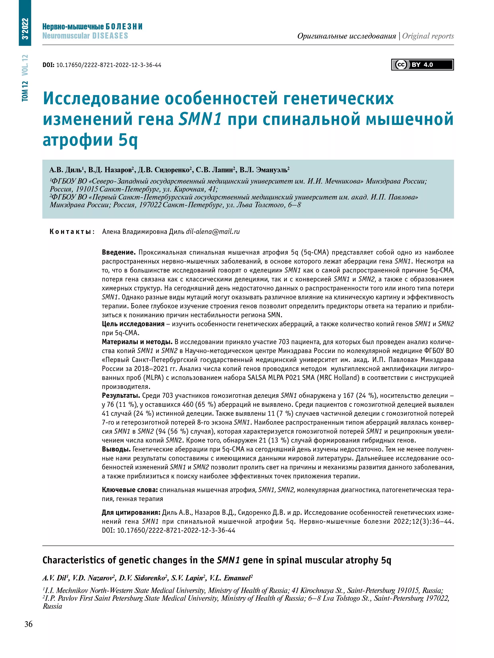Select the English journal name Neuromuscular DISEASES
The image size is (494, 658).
click(85, 36)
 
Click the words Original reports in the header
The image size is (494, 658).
click(428, 36)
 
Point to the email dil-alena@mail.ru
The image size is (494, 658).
click(213, 232)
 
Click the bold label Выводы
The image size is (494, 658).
click(116, 449)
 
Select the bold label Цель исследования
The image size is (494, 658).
click(133, 324)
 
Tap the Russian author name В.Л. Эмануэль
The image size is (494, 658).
click(264, 170)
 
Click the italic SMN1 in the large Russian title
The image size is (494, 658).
click(200, 119)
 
